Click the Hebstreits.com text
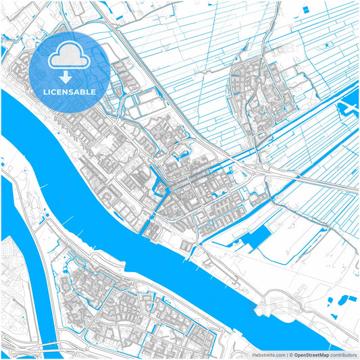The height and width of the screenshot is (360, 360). point(264,354)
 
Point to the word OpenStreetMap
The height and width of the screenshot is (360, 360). point(316,354)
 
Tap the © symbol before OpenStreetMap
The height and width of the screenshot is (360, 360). point(291,354)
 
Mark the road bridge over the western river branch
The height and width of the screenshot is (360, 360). point(41,342)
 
